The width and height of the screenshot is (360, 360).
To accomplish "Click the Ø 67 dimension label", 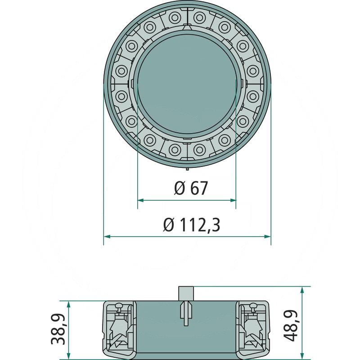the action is click(191, 188).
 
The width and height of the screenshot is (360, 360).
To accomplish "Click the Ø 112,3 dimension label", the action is click(192, 225).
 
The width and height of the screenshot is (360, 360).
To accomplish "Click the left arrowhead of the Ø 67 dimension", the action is click(140, 200).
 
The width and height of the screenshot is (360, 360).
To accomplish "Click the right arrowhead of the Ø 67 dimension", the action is click(233, 200).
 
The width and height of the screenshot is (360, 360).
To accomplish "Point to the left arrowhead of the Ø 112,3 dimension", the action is click(107, 237).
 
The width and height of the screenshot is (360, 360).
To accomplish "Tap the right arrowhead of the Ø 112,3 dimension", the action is click(268, 237).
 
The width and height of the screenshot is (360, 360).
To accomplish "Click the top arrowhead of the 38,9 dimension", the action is click(68, 304).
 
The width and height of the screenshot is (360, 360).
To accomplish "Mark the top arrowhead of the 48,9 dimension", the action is click(302, 290).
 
